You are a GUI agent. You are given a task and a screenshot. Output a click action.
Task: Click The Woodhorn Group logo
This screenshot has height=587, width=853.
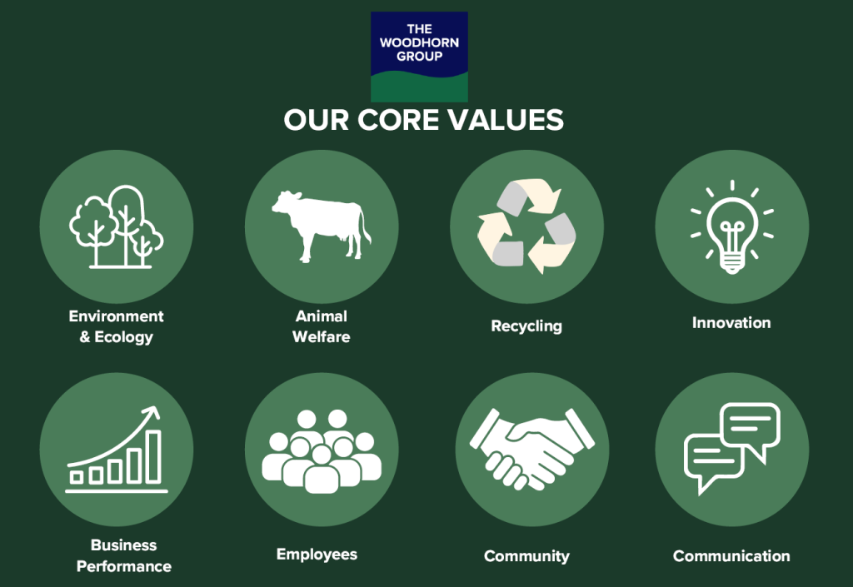click(419, 57)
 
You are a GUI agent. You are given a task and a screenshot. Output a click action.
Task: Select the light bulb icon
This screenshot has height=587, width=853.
click(732, 227)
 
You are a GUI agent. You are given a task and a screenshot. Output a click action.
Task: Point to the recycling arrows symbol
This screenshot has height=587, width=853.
click(526, 226)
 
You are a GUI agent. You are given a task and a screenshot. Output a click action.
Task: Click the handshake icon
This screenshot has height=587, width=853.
click(532, 449)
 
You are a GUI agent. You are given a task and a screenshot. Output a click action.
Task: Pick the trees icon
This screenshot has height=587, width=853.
click(117, 226)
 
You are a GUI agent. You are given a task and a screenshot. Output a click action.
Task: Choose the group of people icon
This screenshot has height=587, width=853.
click(322, 451)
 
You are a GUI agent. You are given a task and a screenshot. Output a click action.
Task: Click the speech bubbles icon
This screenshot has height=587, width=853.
click(732, 449)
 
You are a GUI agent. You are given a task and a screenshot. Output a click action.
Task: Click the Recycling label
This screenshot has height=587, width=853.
click(526, 326)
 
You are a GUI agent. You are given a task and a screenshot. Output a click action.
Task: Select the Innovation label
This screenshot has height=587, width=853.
click(731, 323)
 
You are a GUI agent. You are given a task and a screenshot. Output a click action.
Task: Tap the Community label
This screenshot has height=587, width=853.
click(526, 556)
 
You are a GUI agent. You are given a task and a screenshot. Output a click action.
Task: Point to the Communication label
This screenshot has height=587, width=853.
click(731, 556)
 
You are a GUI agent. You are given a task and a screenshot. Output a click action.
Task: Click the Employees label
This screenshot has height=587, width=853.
click(317, 555)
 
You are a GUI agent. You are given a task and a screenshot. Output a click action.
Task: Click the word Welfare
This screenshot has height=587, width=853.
click(322, 337)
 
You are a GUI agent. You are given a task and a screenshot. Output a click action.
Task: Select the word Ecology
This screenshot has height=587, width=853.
click(124, 337)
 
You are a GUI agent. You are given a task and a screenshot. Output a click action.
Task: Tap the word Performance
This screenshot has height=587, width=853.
click(124, 566)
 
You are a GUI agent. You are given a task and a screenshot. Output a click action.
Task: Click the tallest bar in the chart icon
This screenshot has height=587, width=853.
click(154, 456)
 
